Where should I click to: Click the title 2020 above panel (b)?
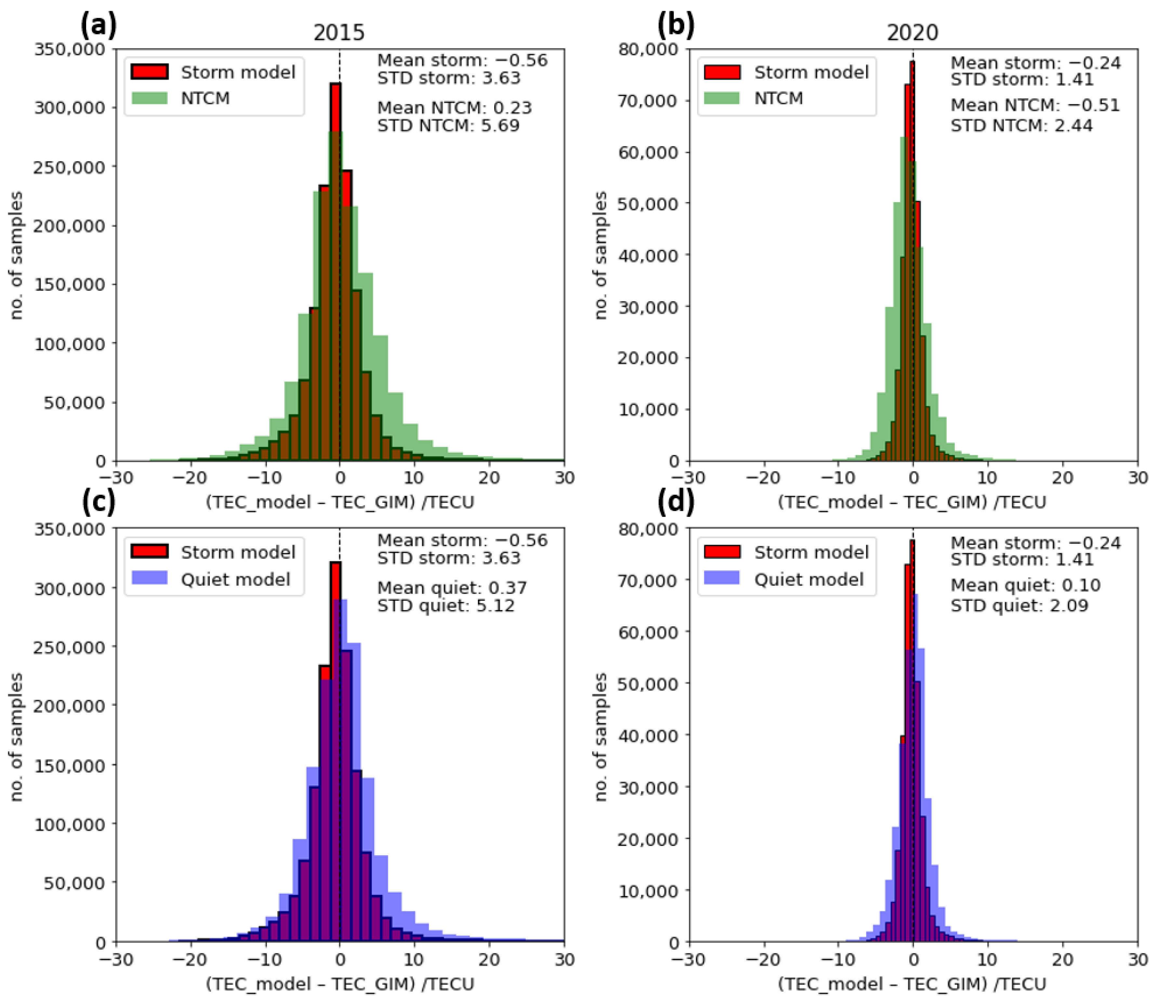(x=912, y=33)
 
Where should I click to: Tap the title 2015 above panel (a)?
(x=339, y=33)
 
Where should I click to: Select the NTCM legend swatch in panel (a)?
(x=149, y=98)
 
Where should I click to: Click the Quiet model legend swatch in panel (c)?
(x=149, y=579)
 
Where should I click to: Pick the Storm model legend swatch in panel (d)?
(x=723, y=552)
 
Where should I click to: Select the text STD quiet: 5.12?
(x=445, y=606)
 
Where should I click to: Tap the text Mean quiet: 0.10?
(x=1025, y=585)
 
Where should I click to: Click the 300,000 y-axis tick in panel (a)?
(x=70, y=107)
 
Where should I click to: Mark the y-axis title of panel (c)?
(x=17, y=737)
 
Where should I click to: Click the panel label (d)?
(x=676, y=502)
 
